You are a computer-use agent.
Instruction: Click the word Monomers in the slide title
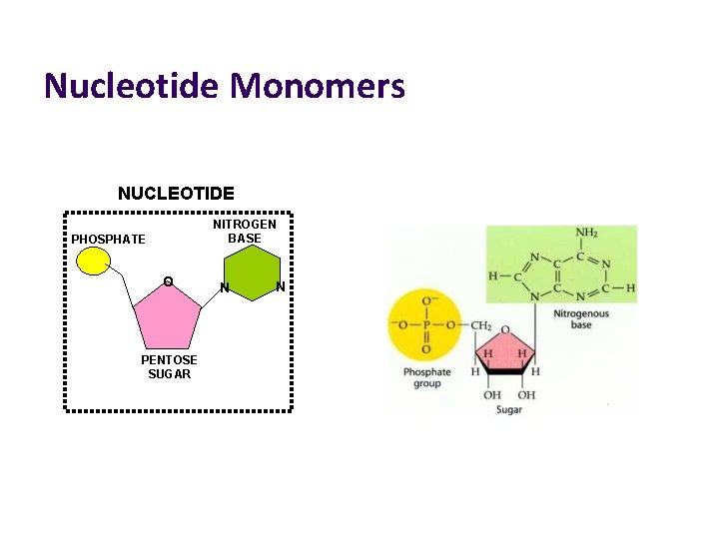pos(318,86)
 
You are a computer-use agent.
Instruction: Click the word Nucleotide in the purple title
pos(131,86)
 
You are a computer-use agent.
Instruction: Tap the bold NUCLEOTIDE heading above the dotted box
pos(177,194)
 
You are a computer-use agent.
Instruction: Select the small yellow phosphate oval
pos(93,261)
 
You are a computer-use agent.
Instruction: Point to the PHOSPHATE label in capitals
pos(108,240)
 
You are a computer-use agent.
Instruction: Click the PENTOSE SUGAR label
pos(169,366)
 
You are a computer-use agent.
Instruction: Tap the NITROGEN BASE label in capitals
pos(245,232)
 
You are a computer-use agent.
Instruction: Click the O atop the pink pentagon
pos(168,282)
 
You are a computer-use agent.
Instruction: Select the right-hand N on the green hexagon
pos(281,287)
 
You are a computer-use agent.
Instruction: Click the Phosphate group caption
pos(427,377)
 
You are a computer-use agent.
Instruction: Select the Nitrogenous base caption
pos(580,319)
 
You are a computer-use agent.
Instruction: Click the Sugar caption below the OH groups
pos(509,410)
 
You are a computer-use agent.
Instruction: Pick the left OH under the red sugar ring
pos(492,395)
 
